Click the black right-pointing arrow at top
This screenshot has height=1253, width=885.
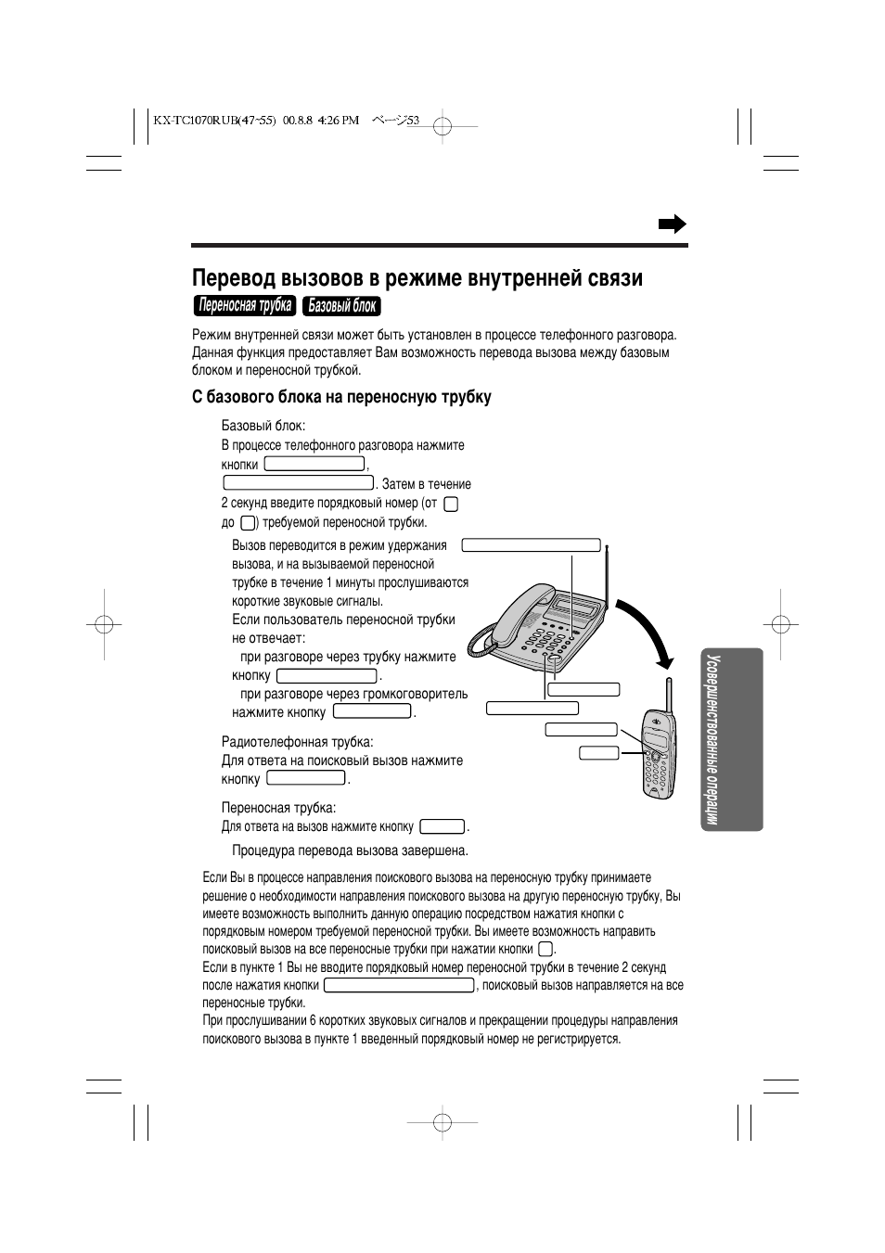[x=672, y=224]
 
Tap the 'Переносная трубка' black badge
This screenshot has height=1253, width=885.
[x=245, y=306]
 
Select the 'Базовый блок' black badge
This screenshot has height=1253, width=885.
[x=342, y=306]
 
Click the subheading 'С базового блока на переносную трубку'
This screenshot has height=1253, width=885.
[x=341, y=397]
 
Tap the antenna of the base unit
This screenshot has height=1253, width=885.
[x=607, y=575]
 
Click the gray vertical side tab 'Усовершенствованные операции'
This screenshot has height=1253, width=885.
[x=726, y=739]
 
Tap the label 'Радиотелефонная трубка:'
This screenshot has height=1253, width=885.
[x=297, y=742]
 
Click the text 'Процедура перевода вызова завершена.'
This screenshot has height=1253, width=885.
[x=350, y=850]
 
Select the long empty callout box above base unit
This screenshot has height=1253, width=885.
[x=532, y=545]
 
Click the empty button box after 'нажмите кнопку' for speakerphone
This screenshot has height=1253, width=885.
[x=372, y=712]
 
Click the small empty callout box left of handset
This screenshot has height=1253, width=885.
[x=599, y=752]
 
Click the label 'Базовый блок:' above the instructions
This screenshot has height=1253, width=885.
[x=263, y=426]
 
